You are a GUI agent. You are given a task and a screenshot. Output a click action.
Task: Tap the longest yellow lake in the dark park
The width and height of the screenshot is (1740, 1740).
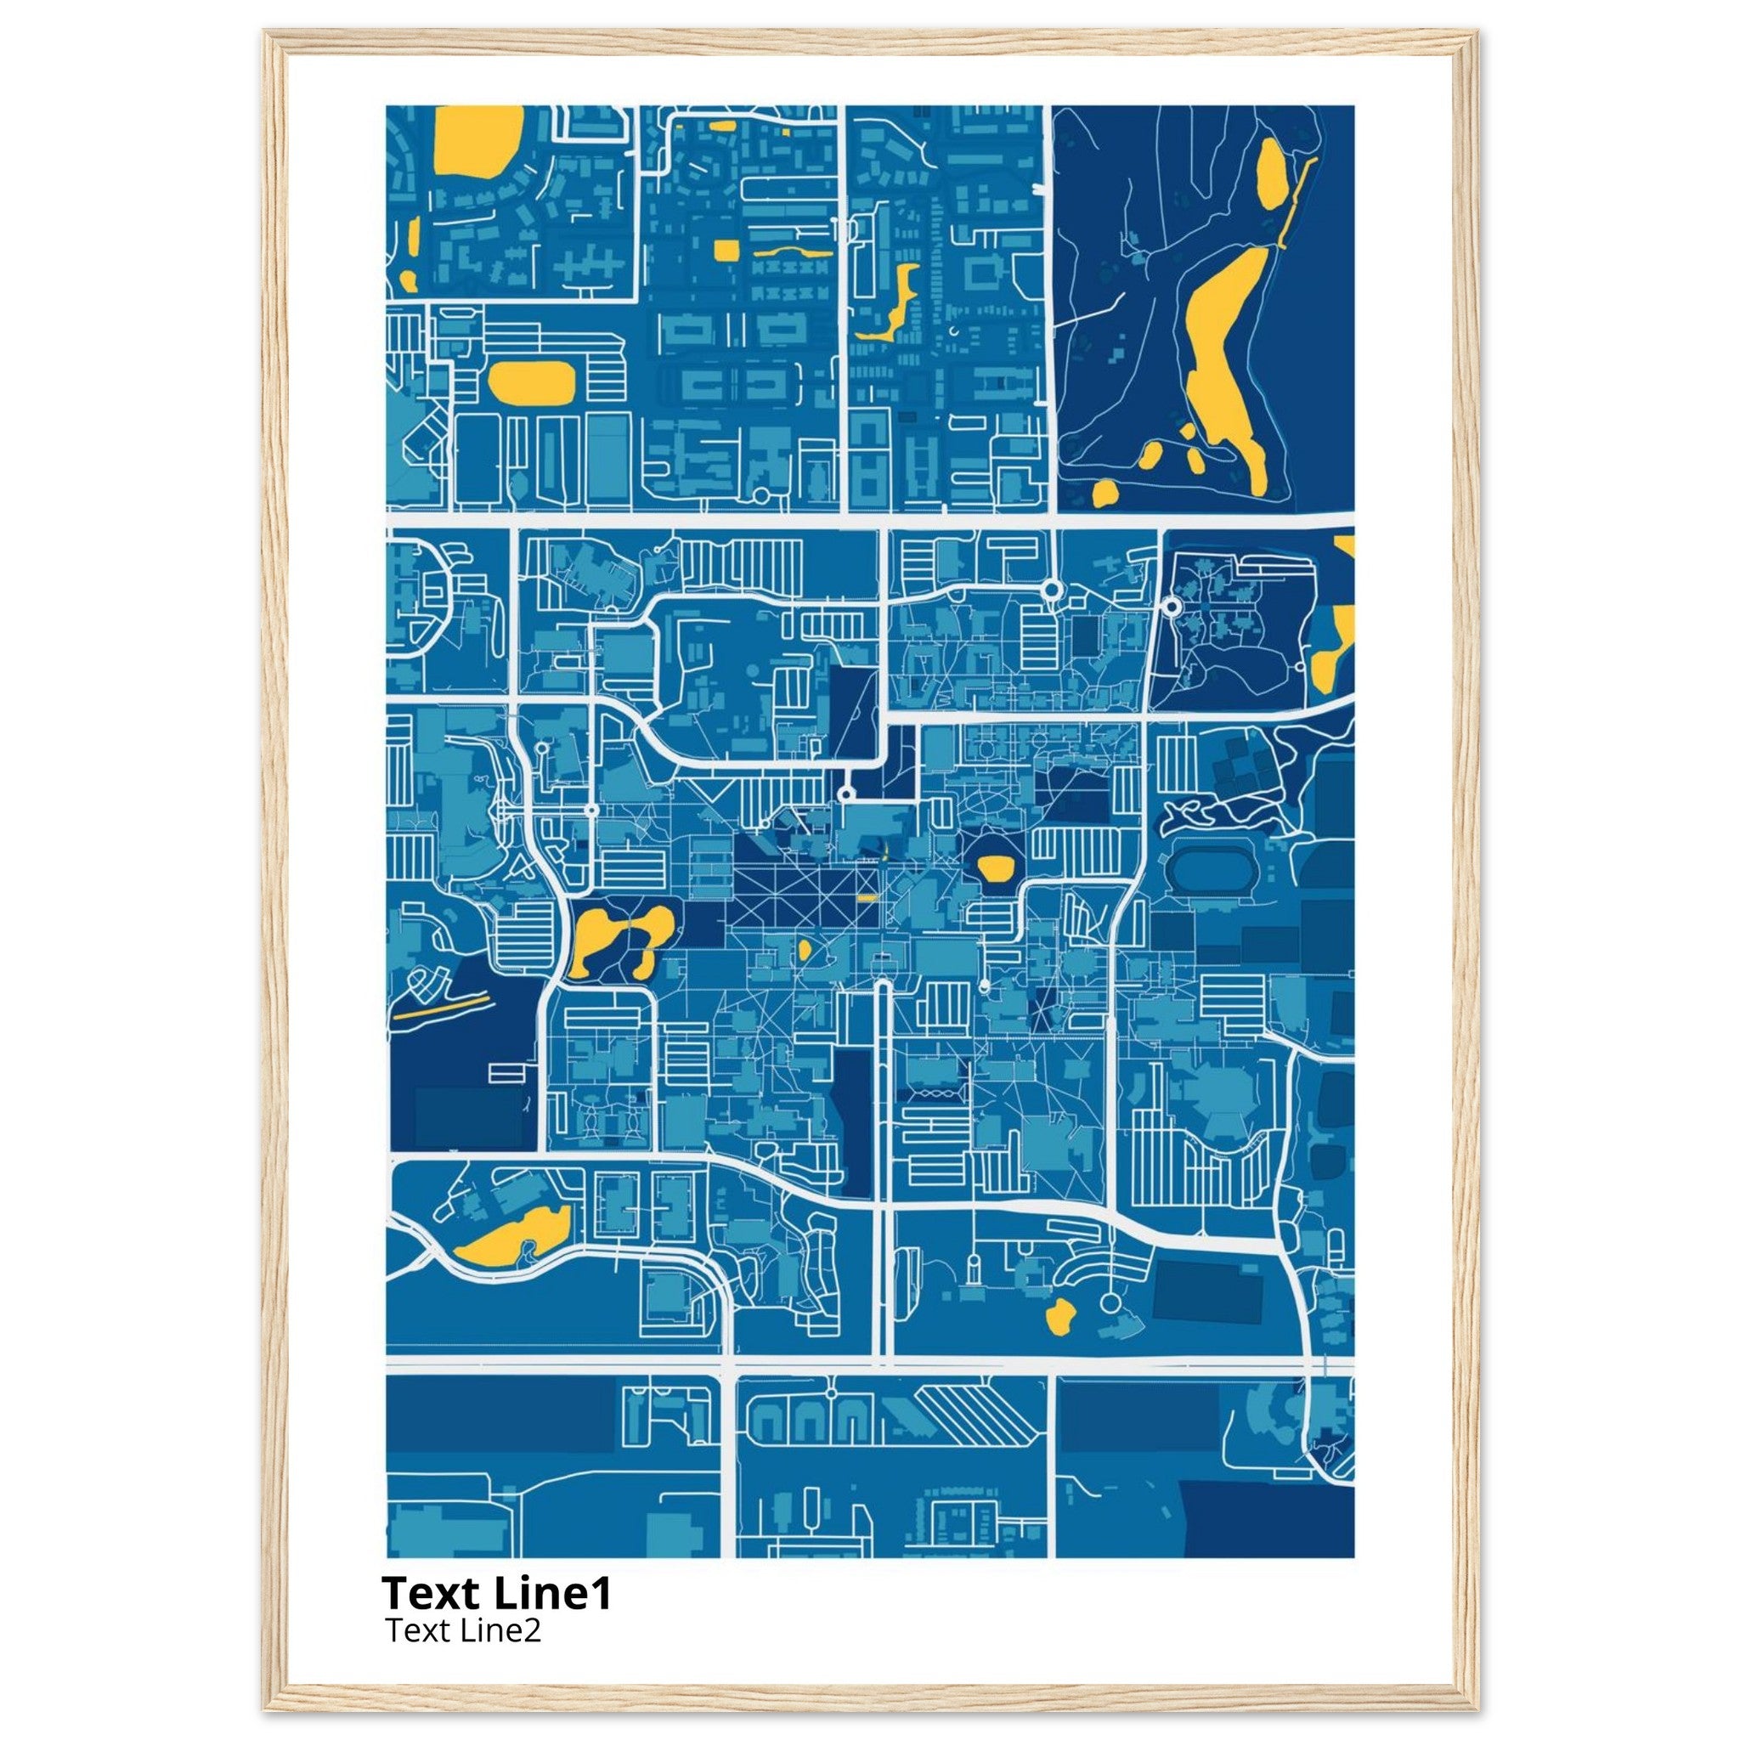[1225, 351]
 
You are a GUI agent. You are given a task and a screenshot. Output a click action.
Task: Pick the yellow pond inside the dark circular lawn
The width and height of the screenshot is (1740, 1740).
[995, 868]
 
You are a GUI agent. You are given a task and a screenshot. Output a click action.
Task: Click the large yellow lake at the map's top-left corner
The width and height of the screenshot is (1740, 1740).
[477, 139]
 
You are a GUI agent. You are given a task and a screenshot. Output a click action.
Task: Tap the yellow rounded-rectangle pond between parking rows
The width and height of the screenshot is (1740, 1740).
[530, 381]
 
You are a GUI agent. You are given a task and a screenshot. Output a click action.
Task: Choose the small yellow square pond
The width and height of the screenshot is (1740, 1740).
[725, 250]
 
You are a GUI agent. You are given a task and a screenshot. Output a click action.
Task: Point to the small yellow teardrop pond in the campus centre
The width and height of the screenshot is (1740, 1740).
[804, 949]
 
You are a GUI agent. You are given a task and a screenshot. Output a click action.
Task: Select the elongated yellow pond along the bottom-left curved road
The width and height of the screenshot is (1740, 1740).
[511, 1234]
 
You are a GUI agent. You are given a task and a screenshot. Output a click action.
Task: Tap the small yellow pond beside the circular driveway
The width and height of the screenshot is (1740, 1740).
[1059, 1317]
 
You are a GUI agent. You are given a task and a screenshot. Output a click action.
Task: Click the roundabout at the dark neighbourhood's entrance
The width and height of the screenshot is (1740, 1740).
[1171, 607]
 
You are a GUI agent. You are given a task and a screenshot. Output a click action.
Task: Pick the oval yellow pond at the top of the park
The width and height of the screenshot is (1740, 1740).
[1272, 174]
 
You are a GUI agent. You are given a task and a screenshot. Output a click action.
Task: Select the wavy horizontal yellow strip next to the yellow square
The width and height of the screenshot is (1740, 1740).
[793, 252]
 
